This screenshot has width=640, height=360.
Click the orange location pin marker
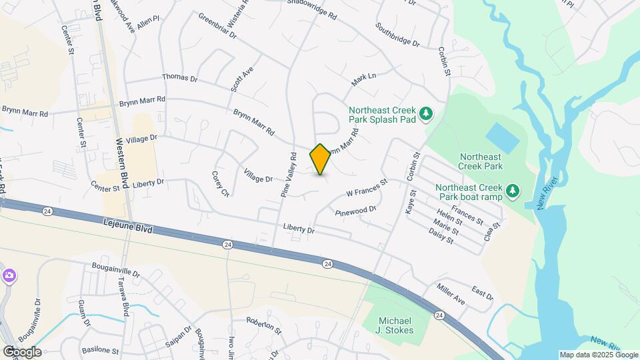[x=321, y=159]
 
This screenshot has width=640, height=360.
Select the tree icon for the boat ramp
[x=512, y=192]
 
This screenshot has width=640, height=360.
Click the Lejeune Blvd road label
[x=128, y=225]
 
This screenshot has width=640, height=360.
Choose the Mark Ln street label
[x=364, y=79]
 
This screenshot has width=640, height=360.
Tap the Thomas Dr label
[x=179, y=78]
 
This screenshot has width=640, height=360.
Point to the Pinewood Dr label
[x=356, y=209]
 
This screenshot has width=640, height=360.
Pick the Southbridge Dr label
[x=397, y=36]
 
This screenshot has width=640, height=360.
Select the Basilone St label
[x=100, y=350]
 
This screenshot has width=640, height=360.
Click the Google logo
[x=22, y=351]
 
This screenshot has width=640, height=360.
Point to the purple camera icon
[x=9, y=275]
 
